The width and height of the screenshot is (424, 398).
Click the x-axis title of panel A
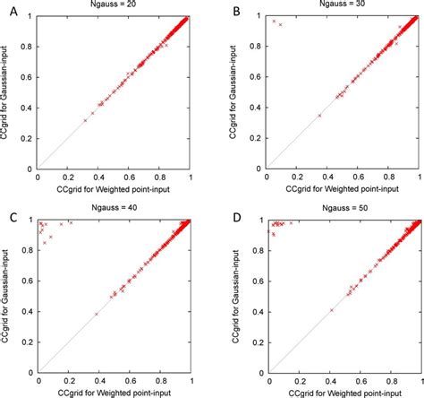[114, 188]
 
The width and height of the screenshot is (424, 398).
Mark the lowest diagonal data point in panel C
[96, 314]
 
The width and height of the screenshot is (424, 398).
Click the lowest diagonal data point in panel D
[331, 309]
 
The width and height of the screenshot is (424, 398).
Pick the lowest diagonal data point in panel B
[319, 115]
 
